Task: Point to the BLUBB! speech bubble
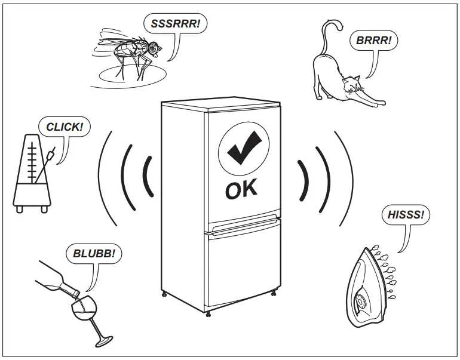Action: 93,253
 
